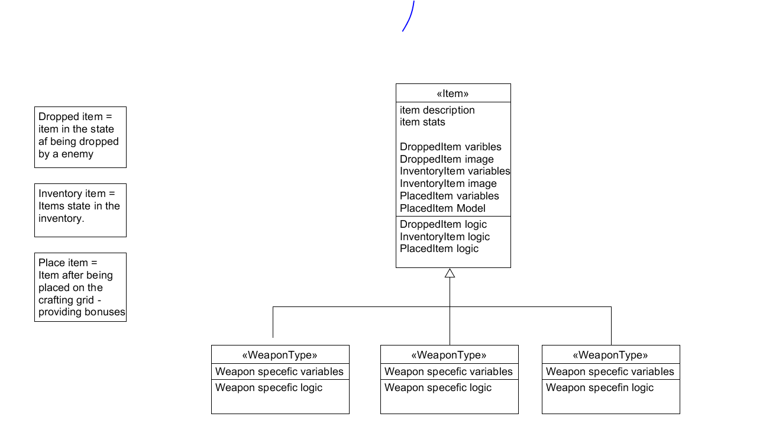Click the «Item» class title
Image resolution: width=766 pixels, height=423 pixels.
(x=453, y=93)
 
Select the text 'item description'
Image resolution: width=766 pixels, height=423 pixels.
(x=437, y=110)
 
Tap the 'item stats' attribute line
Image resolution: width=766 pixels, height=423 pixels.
(x=422, y=122)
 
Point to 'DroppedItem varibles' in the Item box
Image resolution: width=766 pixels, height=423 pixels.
(x=450, y=147)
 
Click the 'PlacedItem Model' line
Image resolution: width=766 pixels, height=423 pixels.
(x=442, y=208)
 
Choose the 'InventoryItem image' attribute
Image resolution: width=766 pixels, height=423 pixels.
(x=448, y=183)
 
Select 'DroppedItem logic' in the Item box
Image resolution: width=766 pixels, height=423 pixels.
(x=443, y=224)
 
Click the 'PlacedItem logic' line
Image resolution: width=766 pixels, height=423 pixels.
(x=439, y=248)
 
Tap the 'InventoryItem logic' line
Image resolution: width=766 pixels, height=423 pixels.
(x=445, y=237)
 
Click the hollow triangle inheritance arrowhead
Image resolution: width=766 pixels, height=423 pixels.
(x=450, y=273)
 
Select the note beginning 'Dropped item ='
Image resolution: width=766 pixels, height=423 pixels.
(x=80, y=137)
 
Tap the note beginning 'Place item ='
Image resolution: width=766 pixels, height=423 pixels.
(x=80, y=287)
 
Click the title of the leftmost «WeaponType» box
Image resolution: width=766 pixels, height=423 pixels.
(x=280, y=355)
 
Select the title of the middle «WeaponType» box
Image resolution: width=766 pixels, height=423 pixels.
(x=449, y=355)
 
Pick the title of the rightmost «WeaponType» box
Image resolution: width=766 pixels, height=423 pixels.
(x=610, y=355)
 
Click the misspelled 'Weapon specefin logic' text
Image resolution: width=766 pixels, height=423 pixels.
(x=599, y=388)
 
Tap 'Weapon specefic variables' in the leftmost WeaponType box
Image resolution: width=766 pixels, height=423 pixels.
(x=279, y=372)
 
